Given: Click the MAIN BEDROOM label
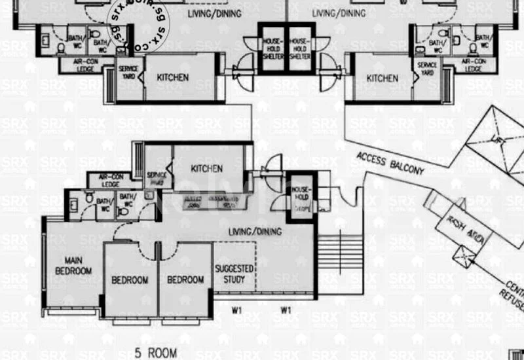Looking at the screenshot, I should [x=73, y=266].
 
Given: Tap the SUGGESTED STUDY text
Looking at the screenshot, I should [x=234, y=274].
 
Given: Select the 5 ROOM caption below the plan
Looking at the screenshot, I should [x=156, y=353].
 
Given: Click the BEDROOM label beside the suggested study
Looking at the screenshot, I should [x=185, y=279].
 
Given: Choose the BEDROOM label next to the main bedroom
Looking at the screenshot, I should [x=130, y=279].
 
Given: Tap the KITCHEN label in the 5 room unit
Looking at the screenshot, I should [x=207, y=168].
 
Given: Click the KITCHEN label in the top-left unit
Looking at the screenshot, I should [x=173, y=77].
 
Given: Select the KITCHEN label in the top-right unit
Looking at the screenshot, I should [x=382, y=78].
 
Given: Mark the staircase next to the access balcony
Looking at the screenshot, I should [x=339, y=252].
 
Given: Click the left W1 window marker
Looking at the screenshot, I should [x=236, y=310].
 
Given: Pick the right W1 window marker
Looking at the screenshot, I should [x=286, y=310].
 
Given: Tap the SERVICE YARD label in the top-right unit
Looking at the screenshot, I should [x=427, y=69].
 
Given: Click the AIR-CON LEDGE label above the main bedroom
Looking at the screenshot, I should [x=109, y=181].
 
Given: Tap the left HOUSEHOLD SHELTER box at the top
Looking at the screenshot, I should [x=273, y=48].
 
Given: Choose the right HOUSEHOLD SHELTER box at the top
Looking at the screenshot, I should [x=299, y=48].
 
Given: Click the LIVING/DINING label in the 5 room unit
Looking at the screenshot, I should [x=255, y=231].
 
